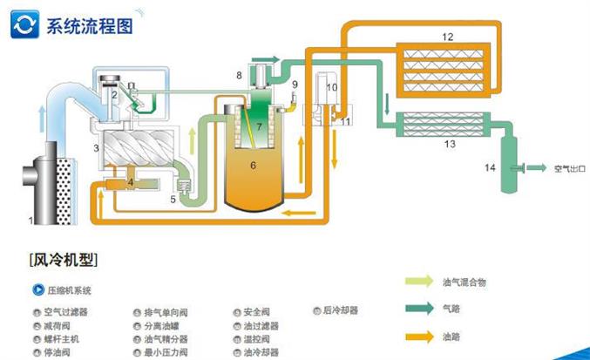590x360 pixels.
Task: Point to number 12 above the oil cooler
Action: (447, 37)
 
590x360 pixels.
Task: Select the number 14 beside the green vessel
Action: (490, 166)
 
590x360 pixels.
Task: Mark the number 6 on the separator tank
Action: (253, 164)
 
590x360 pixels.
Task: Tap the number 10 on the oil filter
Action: (331, 87)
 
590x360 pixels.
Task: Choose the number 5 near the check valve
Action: (173, 200)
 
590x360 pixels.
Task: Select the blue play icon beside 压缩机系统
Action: (37, 290)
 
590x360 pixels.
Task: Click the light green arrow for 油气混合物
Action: (422, 282)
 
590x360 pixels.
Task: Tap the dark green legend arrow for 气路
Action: (422, 308)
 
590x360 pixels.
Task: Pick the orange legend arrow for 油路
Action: (422, 336)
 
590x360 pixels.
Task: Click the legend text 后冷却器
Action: (340, 310)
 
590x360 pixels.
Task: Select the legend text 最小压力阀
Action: (166, 353)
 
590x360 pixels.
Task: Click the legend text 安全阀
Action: (261, 311)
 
